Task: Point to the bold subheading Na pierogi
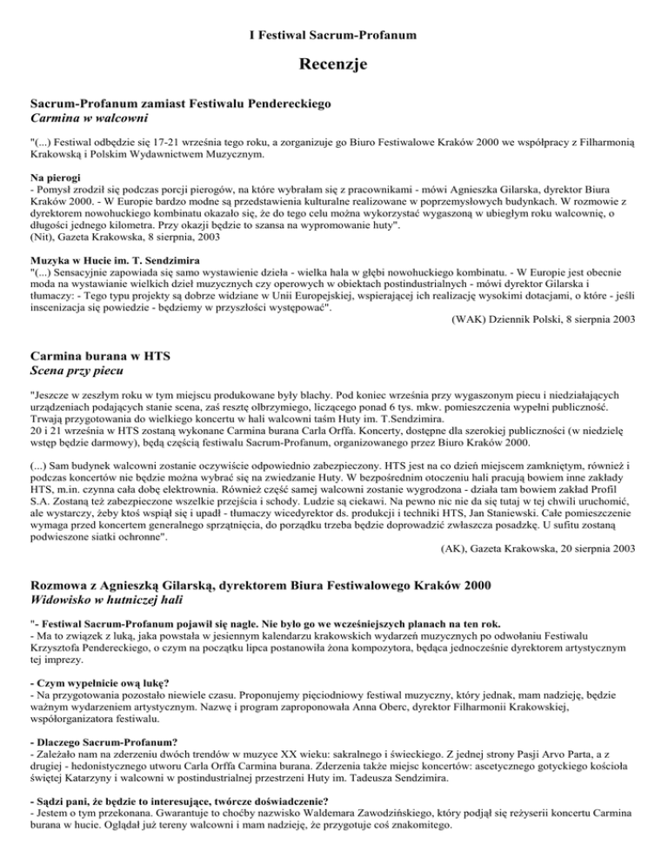coord(56,177)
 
